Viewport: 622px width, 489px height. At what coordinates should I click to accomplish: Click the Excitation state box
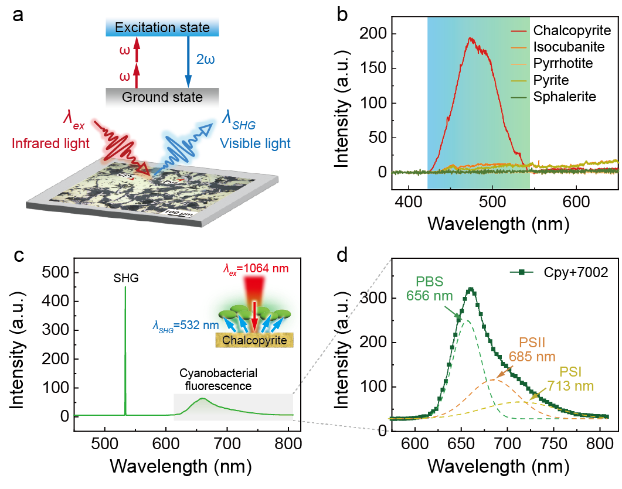point(162,28)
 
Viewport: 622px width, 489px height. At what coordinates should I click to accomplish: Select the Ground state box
point(162,97)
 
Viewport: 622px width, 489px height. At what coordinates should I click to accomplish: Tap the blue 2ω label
point(205,60)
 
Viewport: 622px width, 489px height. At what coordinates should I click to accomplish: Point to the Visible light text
point(255,143)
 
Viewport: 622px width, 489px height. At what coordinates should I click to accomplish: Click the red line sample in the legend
point(519,30)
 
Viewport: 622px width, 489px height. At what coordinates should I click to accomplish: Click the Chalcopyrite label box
point(254,339)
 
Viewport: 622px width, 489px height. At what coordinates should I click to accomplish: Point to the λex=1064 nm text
point(255,269)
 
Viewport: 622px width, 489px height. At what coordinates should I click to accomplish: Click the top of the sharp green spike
point(125,287)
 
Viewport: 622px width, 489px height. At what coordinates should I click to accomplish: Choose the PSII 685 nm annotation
point(532,350)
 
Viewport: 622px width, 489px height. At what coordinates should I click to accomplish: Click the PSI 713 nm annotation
point(570,379)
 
